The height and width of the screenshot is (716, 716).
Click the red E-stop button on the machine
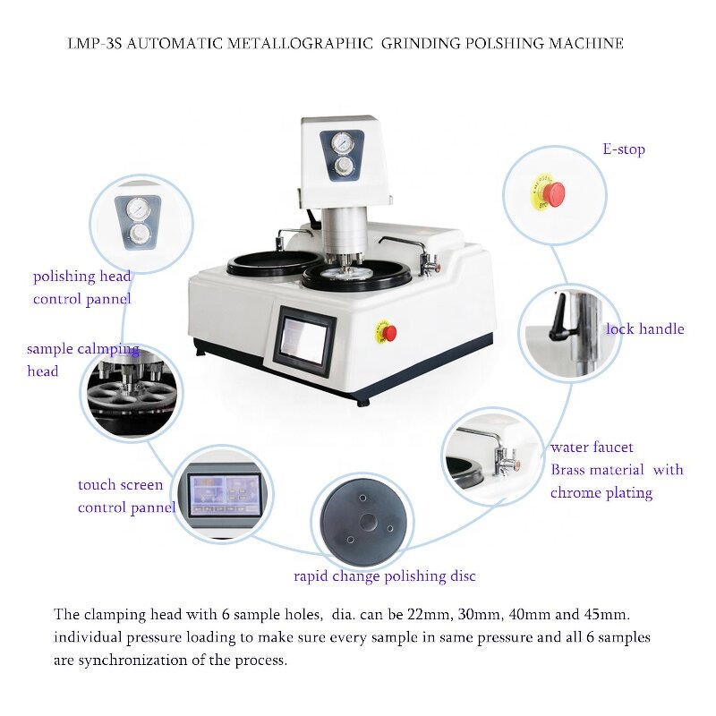click(x=389, y=332)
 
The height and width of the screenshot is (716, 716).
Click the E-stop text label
click(x=624, y=149)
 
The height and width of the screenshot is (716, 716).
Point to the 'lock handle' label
click(x=644, y=328)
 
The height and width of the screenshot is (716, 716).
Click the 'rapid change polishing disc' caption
click(x=385, y=576)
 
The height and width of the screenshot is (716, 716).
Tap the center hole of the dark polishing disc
click(x=367, y=521)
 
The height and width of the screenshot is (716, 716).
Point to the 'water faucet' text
click(x=592, y=447)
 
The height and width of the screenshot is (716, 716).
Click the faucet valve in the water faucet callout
click(x=504, y=458)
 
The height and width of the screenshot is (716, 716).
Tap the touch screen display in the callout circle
click(x=225, y=495)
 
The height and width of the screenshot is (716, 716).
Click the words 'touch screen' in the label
click(x=120, y=485)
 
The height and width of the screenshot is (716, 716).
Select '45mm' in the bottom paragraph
click(x=607, y=614)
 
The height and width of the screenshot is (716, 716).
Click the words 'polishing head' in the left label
click(x=82, y=277)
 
